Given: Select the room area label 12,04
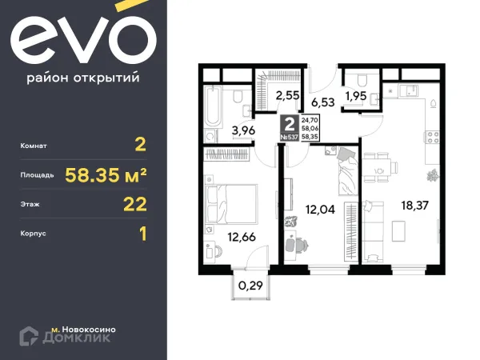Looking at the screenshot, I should coord(320,212).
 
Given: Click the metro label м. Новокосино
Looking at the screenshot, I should coord(82,328).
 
